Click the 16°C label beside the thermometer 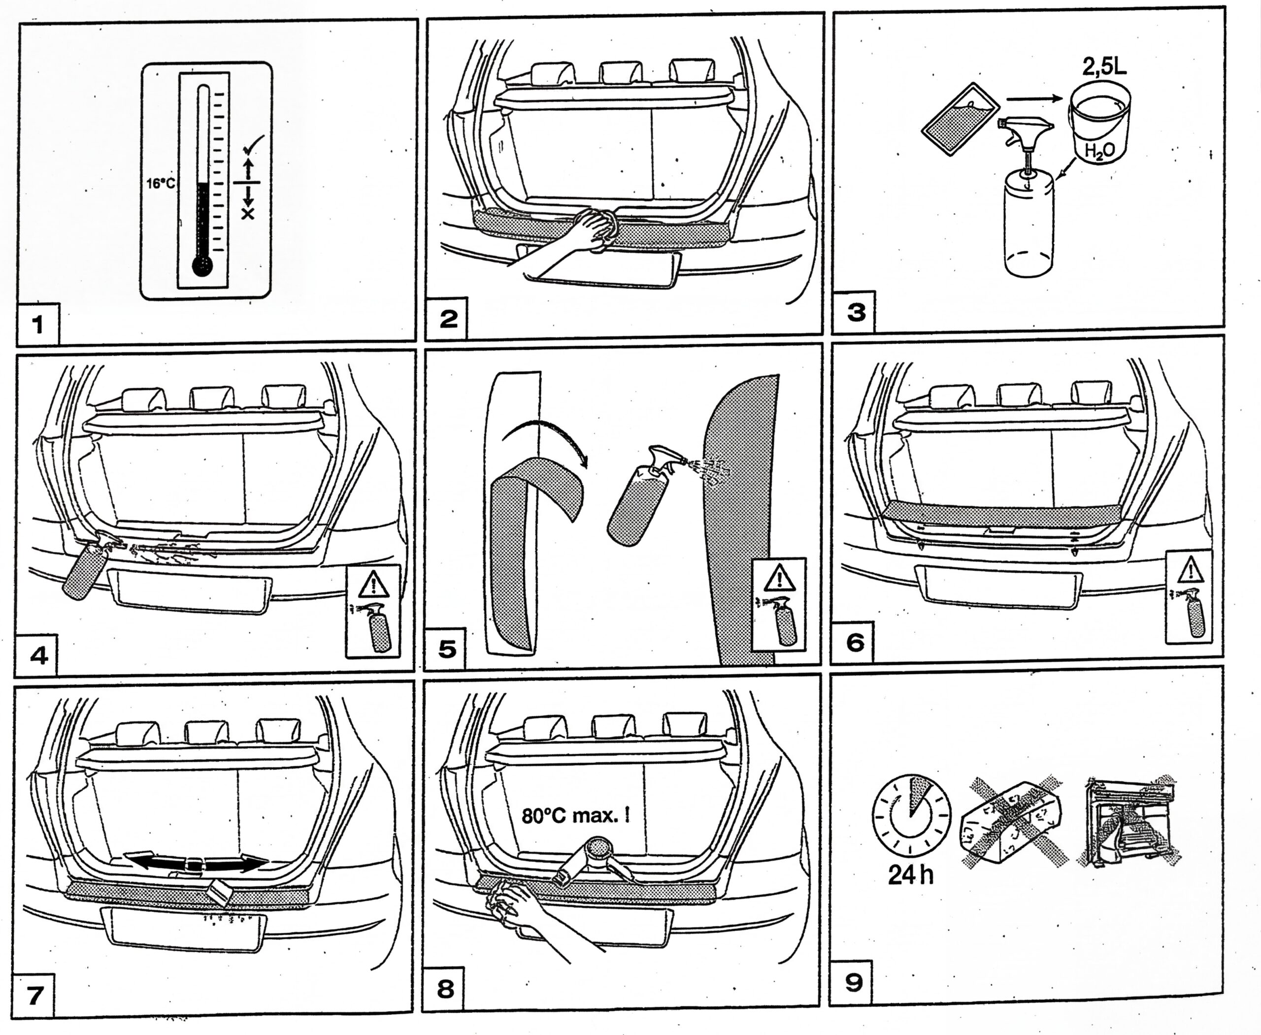[x=161, y=183]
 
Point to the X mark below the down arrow [x=248, y=213]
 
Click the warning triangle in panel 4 [x=373, y=584]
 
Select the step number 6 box [x=855, y=642]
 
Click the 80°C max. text [x=575, y=815]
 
